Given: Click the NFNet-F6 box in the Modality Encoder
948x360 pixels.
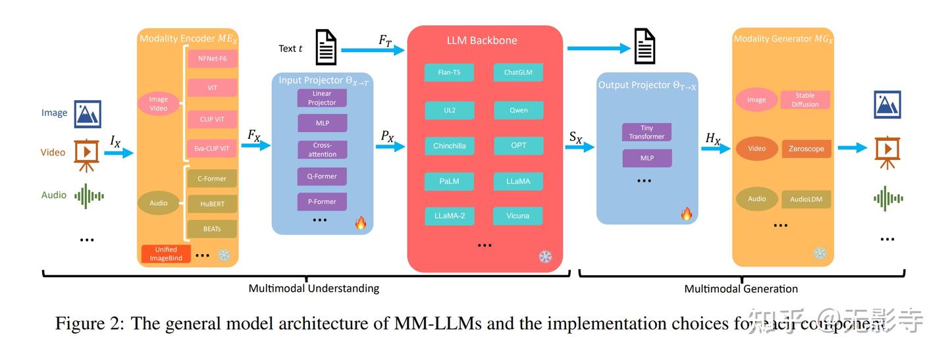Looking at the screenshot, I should (212, 59).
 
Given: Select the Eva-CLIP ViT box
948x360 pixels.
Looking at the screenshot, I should (212, 149).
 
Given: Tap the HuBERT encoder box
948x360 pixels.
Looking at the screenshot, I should (212, 203).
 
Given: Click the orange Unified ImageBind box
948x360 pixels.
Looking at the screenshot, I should (166, 253).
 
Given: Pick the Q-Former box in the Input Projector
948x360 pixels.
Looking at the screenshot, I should (322, 176).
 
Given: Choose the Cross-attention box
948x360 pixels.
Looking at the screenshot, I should (322, 149).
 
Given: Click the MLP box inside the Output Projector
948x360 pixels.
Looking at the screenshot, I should (646, 159).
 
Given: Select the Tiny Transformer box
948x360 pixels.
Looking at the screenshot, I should (646, 132).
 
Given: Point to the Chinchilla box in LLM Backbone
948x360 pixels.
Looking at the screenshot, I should (449, 145).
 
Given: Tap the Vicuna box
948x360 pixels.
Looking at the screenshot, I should (518, 215).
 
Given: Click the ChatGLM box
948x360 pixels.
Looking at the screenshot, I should (518, 72).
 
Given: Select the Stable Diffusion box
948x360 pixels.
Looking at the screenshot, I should (804, 100).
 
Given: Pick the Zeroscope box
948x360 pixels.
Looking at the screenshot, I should (806, 149).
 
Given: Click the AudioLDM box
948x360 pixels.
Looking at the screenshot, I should (806, 199).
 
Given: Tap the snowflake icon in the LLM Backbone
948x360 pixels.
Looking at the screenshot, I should (545, 256).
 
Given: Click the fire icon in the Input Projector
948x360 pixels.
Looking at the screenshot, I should (360, 223).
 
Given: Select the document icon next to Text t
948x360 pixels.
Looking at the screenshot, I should (326, 47).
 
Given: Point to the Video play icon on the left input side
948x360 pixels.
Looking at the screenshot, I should (87, 152).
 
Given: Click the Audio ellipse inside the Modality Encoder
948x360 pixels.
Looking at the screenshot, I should (159, 203).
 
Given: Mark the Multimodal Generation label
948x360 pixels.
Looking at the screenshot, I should (741, 288).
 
